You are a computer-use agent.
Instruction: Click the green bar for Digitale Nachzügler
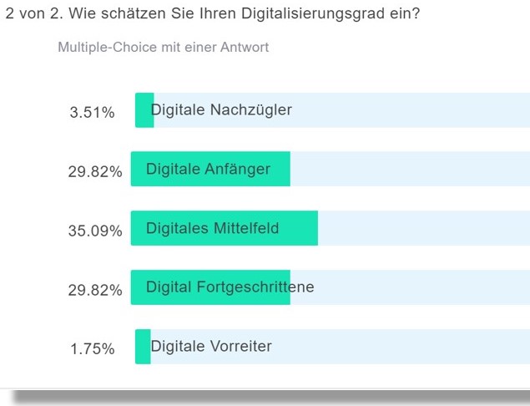(x=144, y=110)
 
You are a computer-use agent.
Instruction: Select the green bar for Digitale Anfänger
(x=210, y=170)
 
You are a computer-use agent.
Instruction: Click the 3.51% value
(x=92, y=112)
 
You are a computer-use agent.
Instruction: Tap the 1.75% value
(x=92, y=349)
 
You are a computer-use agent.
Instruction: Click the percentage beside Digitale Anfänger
(x=95, y=171)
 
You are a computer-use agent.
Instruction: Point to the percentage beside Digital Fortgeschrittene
(x=95, y=290)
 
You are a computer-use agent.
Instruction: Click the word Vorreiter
(x=241, y=347)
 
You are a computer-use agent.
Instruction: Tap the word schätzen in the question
(x=135, y=15)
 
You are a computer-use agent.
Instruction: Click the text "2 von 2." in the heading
(x=30, y=15)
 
